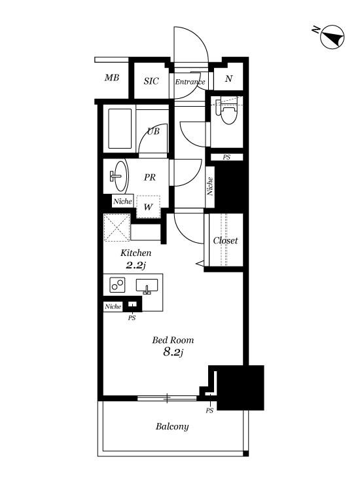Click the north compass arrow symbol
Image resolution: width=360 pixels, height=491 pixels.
point(332,37)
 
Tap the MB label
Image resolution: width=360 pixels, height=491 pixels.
point(112,77)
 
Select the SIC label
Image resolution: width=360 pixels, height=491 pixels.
point(151,81)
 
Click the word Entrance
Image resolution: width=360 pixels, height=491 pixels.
point(190,82)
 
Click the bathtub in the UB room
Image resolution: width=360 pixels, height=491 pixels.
point(120,128)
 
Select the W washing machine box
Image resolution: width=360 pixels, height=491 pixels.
point(149,207)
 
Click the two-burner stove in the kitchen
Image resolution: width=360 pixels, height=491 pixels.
point(117,285)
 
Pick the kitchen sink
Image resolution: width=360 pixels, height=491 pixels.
point(147,286)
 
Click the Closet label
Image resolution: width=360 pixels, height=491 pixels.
point(225,240)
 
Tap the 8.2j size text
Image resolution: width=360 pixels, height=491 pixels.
point(173,352)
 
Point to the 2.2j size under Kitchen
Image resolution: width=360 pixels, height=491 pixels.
point(136,265)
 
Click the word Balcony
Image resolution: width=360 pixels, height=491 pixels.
point(172,426)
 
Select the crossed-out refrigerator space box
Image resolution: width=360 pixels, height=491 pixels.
point(117,227)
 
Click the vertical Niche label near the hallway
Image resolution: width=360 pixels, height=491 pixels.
point(209,187)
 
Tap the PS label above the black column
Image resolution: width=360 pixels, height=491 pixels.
point(226,157)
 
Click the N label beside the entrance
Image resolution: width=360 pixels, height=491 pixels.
point(228,79)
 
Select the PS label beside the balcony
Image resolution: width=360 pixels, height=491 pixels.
point(209,410)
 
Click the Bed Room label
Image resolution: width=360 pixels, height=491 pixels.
point(173,340)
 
